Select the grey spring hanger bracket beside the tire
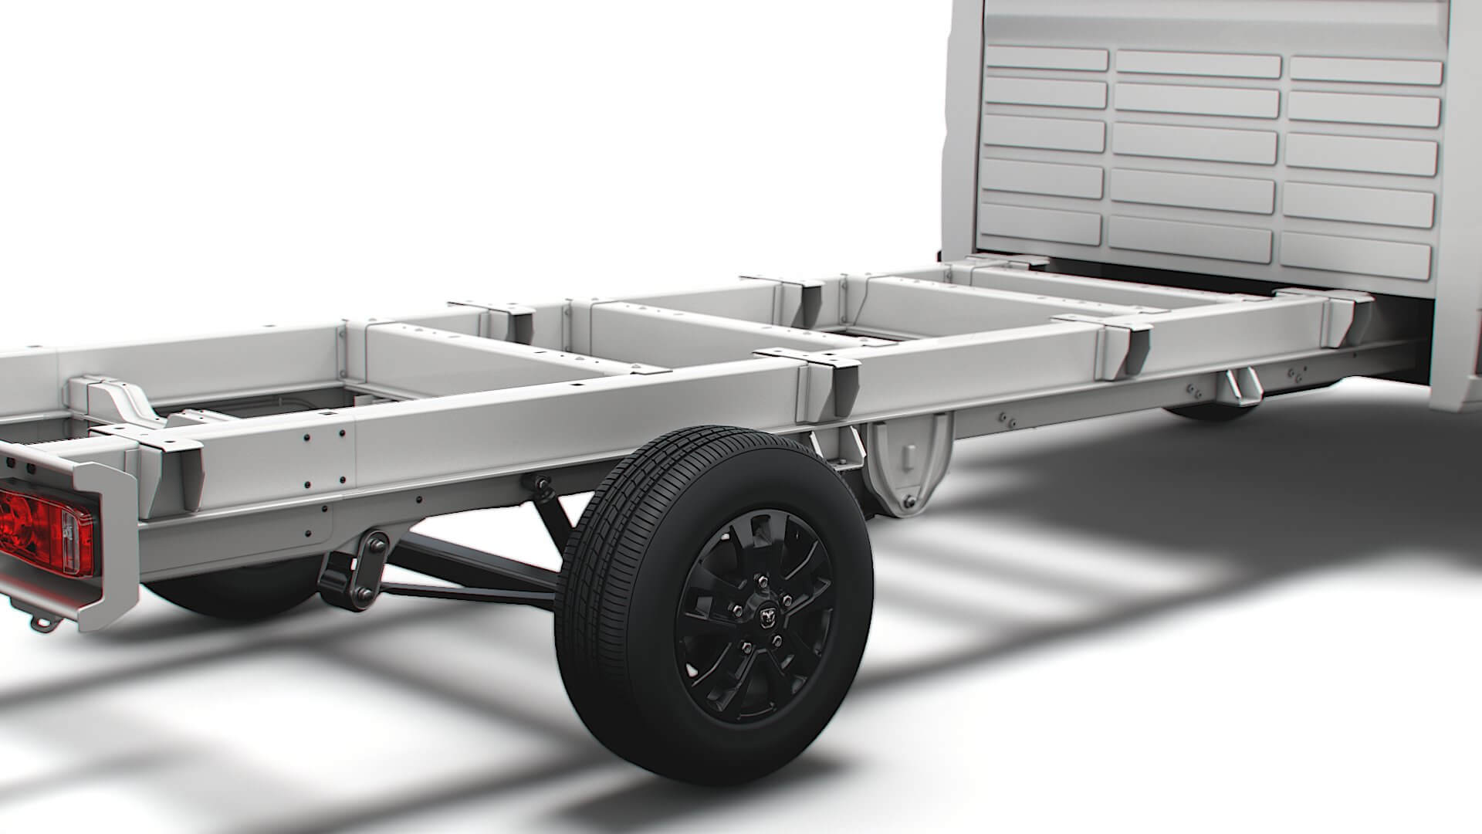pos(908,463)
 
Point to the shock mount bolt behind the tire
pos(540,484)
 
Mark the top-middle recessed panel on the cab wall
pos(1198,63)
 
